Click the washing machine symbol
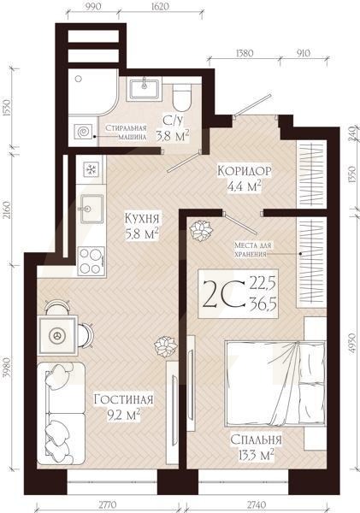point(85,133)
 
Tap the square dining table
point(58,335)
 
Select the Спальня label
point(256,440)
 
